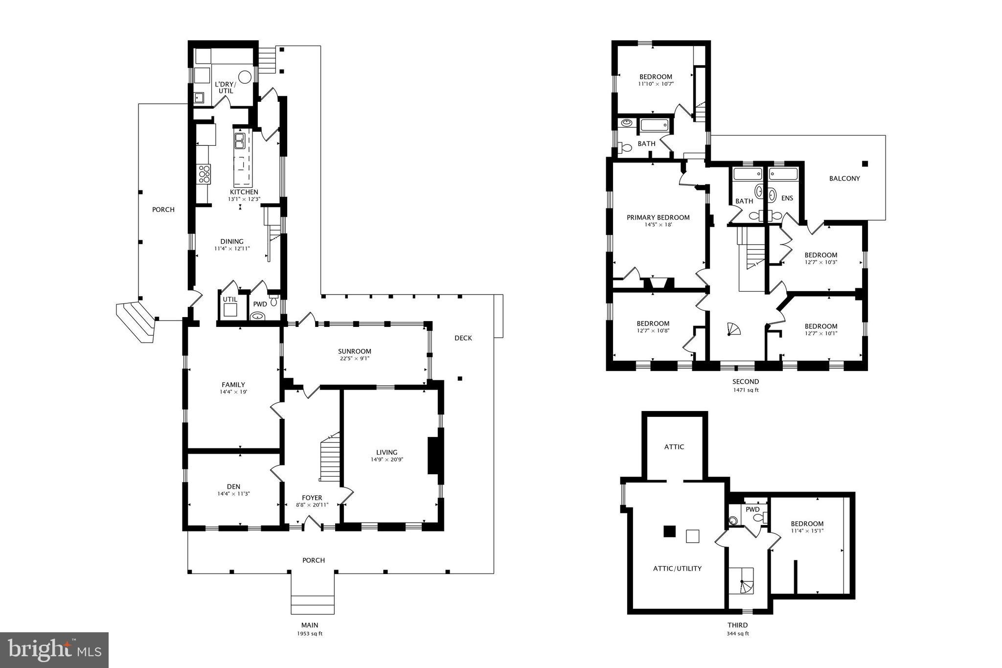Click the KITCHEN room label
(244, 192)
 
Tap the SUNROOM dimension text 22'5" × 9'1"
(354, 358)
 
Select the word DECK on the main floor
(463, 338)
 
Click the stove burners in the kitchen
(204, 174)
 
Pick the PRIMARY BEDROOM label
(658, 217)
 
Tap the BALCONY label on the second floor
(844, 179)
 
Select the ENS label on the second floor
(787, 198)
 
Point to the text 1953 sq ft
(309, 633)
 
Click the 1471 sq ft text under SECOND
(746, 390)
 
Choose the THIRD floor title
(737, 625)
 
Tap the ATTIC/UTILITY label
(677, 568)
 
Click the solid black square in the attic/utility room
(669, 531)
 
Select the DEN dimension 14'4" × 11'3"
(233, 493)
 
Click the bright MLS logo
(54, 649)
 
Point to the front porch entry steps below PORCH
(313, 604)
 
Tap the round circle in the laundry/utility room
(245, 77)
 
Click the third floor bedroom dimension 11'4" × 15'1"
(807, 530)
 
